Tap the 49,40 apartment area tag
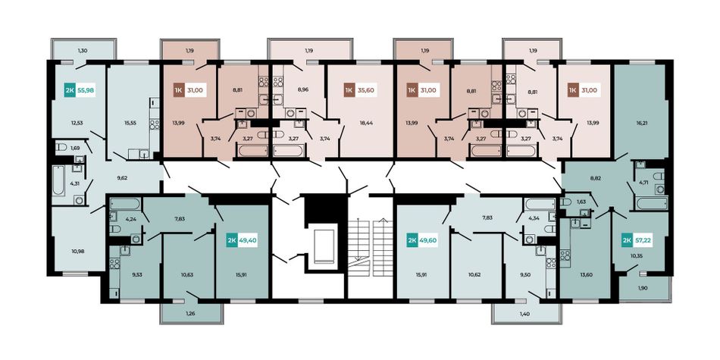tap(248, 239)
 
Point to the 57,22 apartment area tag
tap(643, 239)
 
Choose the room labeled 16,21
tap(641, 111)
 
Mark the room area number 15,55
tap(130, 123)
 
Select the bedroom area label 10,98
tap(77, 251)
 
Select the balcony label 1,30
tap(83, 50)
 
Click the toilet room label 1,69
tap(75, 148)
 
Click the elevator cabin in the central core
tap(325, 243)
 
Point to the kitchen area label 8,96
tap(302, 90)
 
